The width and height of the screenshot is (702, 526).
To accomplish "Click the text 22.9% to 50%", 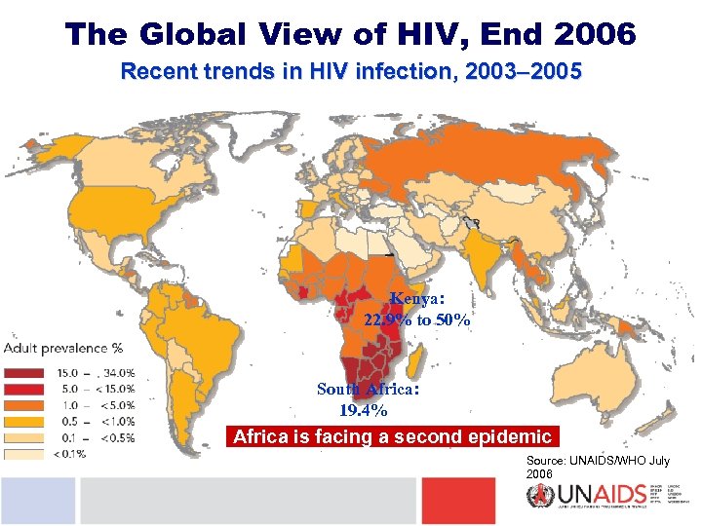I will (418, 319).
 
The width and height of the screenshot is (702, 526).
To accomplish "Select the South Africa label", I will (369, 389).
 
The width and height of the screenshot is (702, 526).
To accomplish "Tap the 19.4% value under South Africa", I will (356, 410).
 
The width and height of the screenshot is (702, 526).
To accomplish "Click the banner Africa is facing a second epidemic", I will (393, 436).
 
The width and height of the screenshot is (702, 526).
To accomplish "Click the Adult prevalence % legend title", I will (63, 348).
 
